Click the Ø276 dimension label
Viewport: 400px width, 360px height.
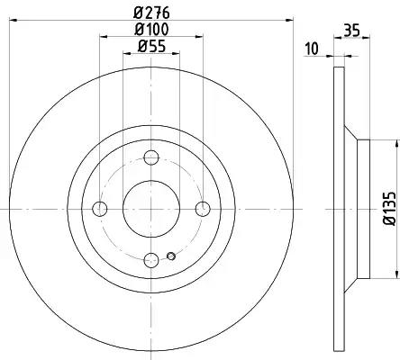click(x=151, y=13)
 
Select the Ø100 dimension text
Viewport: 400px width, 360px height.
click(x=151, y=29)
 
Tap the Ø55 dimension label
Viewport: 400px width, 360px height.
click(x=151, y=46)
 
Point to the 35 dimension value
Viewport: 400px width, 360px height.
click(x=351, y=31)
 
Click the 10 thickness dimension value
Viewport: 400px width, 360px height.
click(x=312, y=49)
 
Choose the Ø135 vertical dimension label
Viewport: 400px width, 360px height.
click(x=389, y=209)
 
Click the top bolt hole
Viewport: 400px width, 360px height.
click(x=151, y=157)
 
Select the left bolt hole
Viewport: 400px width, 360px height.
click(x=100, y=209)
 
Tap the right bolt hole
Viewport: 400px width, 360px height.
click(x=203, y=209)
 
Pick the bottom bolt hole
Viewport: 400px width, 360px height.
click(x=151, y=260)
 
